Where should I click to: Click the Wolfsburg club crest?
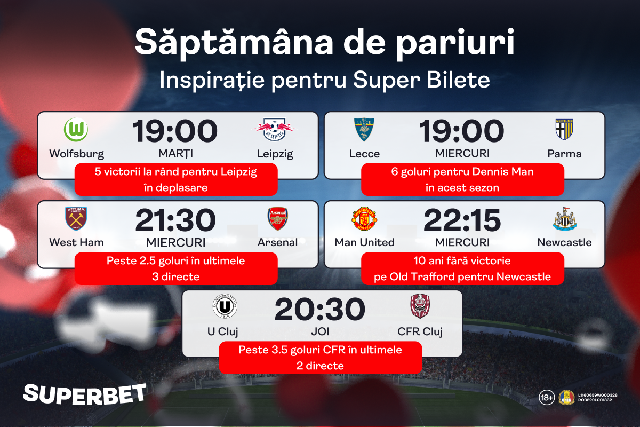76,130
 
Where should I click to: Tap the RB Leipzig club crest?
274,130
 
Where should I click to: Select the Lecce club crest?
364,130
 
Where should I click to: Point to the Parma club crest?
564,130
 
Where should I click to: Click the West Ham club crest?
76,218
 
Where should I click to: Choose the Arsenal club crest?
277,219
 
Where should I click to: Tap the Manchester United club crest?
364,219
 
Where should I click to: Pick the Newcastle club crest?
565,219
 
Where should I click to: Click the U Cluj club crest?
225,306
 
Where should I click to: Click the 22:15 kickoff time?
462,220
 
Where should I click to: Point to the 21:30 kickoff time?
175,220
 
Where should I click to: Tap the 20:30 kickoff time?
319,309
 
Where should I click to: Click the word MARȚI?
175,154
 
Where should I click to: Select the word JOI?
320,331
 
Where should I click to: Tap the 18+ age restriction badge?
546,398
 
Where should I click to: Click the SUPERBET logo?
85,394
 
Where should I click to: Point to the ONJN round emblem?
566,398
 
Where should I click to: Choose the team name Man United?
364,242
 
